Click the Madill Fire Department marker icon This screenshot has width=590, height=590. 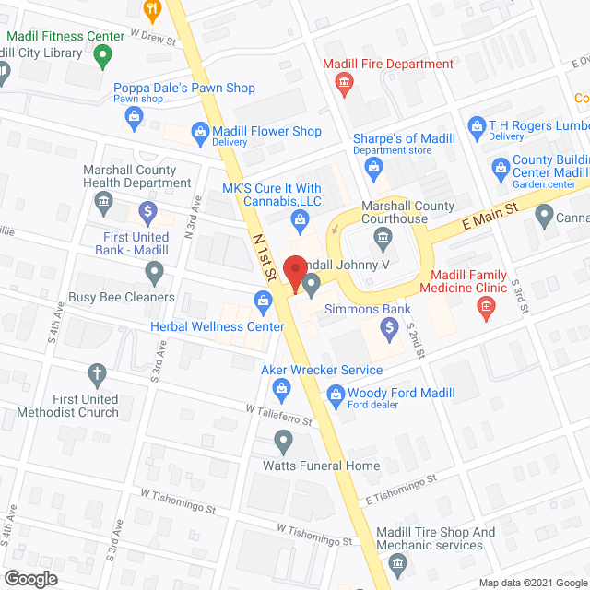[x=344, y=86]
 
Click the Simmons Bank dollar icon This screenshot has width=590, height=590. [x=389, y=326]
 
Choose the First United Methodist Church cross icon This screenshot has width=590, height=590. [x=96, y=374]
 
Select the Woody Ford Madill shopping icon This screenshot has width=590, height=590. [x=335, y=395]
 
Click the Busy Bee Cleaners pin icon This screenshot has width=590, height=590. [x=154, y=273]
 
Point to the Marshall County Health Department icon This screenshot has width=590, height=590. [x=104, y=200]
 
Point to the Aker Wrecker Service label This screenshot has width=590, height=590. [x=322, y=370]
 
